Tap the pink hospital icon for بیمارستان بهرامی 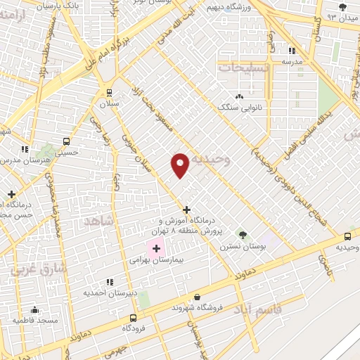(155, 248)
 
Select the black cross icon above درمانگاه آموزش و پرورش (186, 210)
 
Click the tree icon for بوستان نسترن (243, 235)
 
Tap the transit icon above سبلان (109, 92)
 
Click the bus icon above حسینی (66, 140)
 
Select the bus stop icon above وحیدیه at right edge (348, 237)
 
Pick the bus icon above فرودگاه (128, 317)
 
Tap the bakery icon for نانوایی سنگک (240, 96)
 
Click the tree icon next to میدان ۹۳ (342, 8)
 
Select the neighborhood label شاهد (98, 221)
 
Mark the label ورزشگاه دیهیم (224, 8)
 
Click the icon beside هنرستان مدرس (25, 149)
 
